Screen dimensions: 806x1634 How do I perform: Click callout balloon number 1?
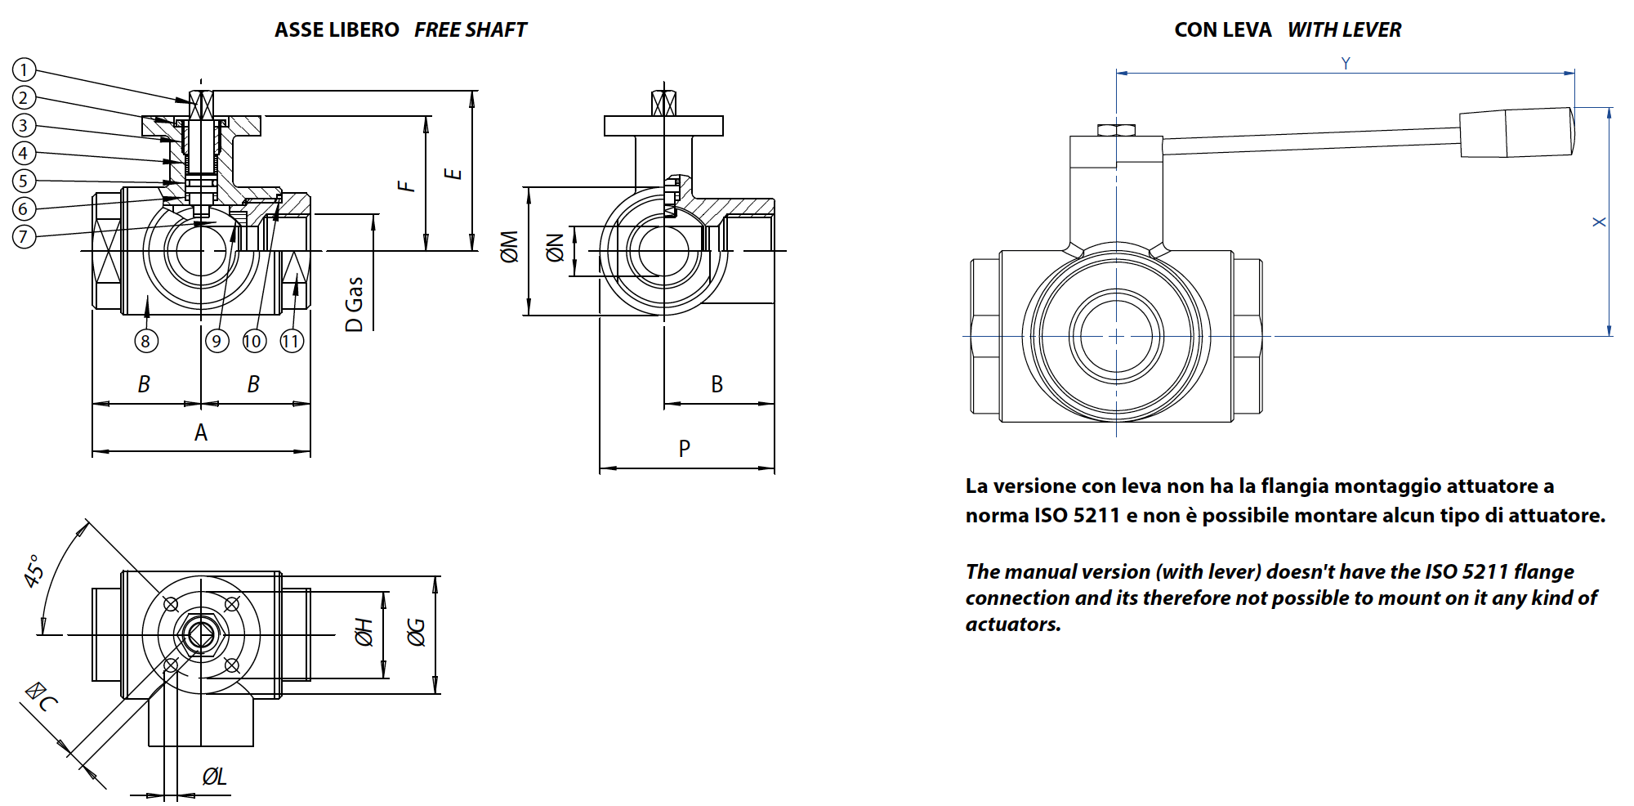click(25, 70)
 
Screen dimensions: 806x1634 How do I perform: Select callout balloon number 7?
click(25, 237)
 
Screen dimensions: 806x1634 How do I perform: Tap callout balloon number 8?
click(146, 341)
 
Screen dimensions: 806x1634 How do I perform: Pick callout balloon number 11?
click(292, 341)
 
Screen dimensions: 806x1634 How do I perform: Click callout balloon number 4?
click(25, 154)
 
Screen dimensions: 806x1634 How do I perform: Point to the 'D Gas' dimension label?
click(354, 304)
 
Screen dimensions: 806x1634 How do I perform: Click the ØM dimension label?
click(509, 247)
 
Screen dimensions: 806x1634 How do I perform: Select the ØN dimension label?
click(555, 248)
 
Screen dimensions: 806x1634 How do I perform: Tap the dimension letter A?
click(201, 432)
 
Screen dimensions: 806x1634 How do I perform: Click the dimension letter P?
click(685, 448)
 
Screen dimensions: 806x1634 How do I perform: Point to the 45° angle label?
click(34, 571)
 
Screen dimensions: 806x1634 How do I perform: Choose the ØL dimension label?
click(214, 777)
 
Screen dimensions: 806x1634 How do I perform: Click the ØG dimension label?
click(416, 632)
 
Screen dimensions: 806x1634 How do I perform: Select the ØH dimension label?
click(364, 632)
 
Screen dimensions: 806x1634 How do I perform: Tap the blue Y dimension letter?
click(1346, 63)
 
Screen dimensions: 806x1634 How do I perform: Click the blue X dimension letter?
click(1599, 222)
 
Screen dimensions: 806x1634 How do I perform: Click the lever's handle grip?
click(1517, 132)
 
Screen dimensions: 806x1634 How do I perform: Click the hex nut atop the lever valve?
click(1116, 130)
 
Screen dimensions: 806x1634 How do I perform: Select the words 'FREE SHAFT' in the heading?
click(471, 30)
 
